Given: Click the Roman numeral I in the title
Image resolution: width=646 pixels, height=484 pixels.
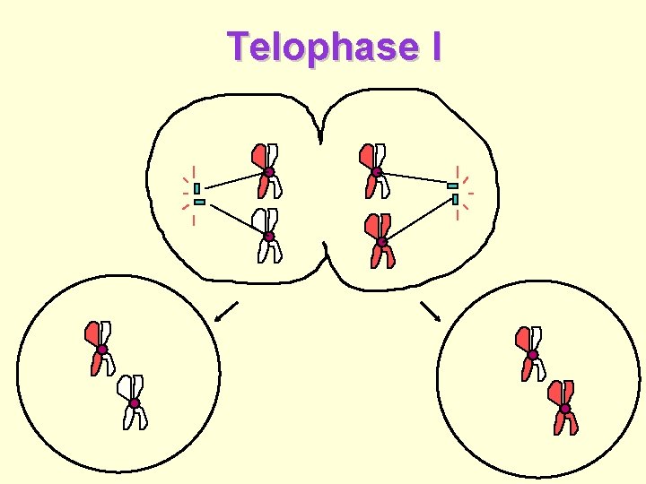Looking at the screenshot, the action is point(435,47).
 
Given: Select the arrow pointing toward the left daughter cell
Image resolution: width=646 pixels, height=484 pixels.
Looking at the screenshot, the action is point(226,312).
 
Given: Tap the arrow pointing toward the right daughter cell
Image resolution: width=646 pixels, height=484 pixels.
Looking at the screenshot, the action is point(431,310).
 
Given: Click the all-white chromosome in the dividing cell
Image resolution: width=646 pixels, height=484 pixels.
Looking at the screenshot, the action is point(267,236).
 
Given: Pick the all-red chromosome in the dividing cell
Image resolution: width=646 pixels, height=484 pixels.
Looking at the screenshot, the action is point(381,241).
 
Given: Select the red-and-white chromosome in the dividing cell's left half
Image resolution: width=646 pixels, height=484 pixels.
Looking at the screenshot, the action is point(267,170).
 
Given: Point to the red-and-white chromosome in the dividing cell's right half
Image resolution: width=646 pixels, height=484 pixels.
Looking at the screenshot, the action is point(375,170).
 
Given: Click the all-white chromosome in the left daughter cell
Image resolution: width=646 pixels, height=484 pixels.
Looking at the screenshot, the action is point(134,402).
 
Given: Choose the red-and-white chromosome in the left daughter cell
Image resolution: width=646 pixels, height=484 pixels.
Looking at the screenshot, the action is point(100,348).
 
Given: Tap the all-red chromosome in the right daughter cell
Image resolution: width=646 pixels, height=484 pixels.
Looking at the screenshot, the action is point(564,408).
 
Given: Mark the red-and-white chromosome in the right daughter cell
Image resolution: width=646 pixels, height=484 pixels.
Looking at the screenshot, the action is point(531,354).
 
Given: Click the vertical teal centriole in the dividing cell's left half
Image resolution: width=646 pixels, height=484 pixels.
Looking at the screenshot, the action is point(196,188).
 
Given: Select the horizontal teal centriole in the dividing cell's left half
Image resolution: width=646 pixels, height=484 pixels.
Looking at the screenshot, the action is point(199,202).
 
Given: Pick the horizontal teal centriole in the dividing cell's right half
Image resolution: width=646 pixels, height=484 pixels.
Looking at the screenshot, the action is point(452,186).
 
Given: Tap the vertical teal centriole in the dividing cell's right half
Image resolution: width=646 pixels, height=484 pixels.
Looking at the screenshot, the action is point(456,198).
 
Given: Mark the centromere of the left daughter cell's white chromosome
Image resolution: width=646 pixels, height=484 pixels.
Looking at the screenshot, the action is point(134,403).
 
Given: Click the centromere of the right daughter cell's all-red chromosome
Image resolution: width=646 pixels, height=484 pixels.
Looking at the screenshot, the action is point(564,409).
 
